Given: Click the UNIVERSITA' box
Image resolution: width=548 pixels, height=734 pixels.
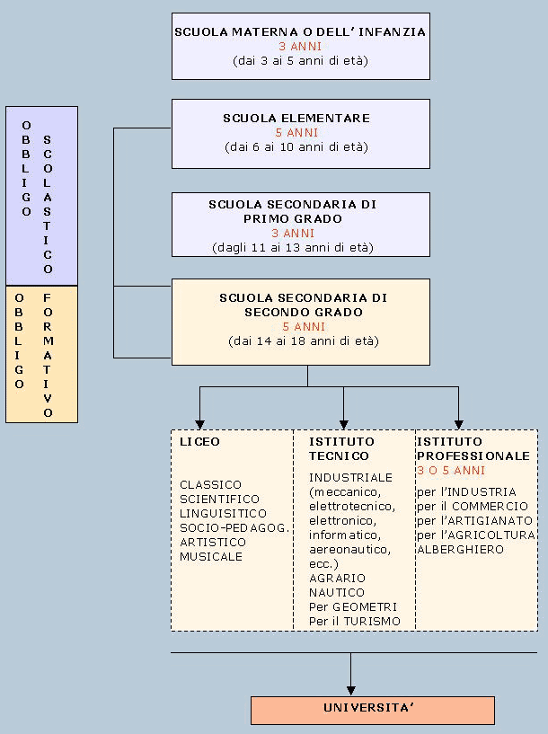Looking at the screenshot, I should (x=372, y=710).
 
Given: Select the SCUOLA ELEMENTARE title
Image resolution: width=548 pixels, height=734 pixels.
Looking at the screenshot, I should (x=296, y=118).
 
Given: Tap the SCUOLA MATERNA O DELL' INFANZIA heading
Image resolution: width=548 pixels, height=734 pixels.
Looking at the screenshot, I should (x=300, y=31).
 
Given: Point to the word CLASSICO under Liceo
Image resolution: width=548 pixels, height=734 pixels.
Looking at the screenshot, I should (x=210, y=485).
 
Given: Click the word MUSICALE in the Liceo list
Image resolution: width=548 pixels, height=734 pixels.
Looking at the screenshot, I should (x=211, y=557).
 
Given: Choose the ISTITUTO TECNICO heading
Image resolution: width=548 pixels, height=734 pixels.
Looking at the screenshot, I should (x=342, y=449).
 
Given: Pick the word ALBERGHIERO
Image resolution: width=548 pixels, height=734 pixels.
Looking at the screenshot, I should (x=460, y=549).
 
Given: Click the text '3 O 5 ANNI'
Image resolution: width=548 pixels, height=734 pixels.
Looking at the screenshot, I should (x=450, y=470).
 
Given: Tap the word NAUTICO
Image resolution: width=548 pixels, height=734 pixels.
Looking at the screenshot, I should (x=337, y=593).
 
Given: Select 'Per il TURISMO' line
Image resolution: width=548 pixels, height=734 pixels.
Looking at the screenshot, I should (x=355, y=622).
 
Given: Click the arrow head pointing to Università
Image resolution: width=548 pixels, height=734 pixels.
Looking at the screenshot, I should (x=350, y=689).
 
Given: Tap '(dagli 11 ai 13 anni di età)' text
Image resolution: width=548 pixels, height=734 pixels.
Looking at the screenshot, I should (x=293, y=247).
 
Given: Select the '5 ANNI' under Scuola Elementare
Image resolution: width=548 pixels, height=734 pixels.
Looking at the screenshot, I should (x=297, y=132).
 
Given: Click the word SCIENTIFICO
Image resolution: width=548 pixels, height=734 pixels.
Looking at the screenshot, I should (x=219, y=500).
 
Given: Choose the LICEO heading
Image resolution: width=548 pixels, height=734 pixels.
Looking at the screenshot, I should (x=199, y=442).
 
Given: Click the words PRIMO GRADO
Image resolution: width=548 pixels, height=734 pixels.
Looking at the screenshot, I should (x=293, y=218).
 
